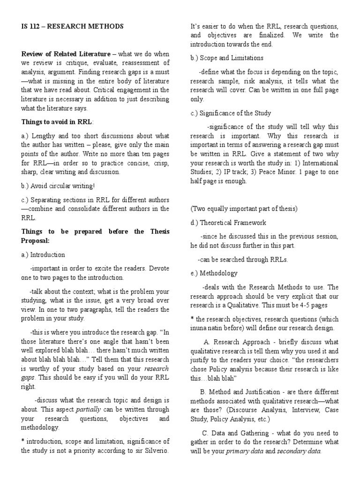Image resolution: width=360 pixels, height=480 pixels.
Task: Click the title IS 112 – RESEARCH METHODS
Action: pyautogui.click(x=73, y=27)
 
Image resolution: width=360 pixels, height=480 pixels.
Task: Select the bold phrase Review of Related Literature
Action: pyautogui.click(x=66, y=54)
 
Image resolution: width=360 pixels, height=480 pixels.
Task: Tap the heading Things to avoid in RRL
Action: pyautogui.click(x=58, y=122)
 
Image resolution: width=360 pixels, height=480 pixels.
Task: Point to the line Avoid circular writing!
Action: pyautogui.click(x=58, y=185)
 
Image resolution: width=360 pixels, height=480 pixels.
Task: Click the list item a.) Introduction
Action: pyautogui.click(x=43, y=255)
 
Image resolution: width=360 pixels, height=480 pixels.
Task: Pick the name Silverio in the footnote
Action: pyautogui.click(x=156, y=450)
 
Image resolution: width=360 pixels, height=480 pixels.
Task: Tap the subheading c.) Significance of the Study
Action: pyautogui.click(x=231, y=113)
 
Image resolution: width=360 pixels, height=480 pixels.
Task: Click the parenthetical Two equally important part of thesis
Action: pyautogui.click(x=244, y=209)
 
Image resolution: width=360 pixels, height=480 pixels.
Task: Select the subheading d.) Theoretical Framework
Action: pyautogui.click(x=228, y=223)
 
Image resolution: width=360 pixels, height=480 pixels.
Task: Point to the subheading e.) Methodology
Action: pyautogui.click(x=214, y=273)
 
